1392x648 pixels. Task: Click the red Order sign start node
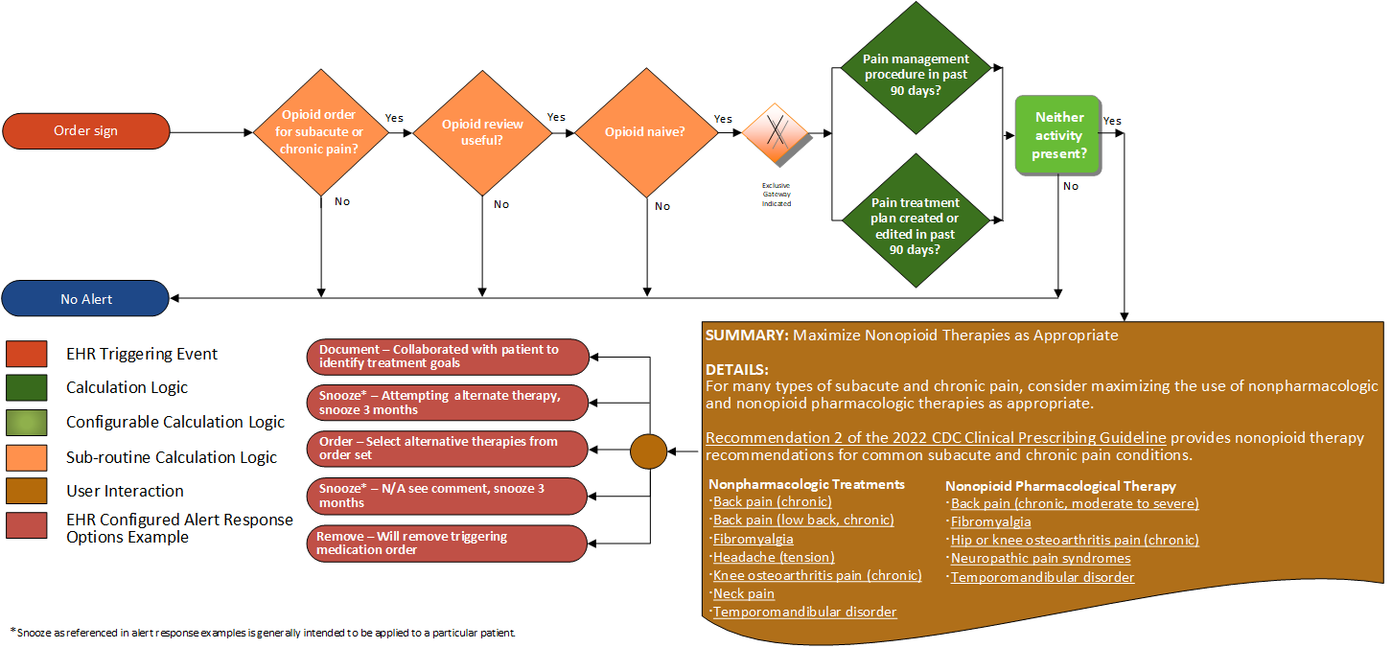86,131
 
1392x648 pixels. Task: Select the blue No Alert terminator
86,299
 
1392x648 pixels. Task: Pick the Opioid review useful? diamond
482,132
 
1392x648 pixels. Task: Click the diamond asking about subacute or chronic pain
321,131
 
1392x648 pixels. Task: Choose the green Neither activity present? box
1058,135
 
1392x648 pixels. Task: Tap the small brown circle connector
647,451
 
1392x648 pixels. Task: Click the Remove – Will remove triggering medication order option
447,544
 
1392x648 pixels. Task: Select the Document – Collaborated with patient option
447,356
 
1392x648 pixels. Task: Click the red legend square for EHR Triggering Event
26,354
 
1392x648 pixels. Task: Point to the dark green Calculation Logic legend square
26,387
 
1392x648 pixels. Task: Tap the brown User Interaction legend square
26,491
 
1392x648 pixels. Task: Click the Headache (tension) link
774,557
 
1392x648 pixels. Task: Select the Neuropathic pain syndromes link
1040,558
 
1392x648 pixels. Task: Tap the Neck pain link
743,593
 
